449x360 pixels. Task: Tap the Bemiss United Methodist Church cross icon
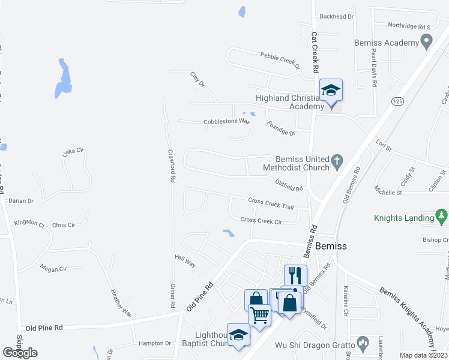[x=337, y=161]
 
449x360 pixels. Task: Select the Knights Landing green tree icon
[x=442, y=215]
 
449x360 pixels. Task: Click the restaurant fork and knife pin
[x=295, y=276]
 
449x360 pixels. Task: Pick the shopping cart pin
[x=259, y=314]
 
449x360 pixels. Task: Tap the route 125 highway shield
[x=396, y=101]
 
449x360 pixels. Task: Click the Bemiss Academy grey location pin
[x=427, y=43]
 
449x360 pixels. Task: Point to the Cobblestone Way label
[x=226, y=121]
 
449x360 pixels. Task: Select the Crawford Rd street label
[x=171, y=166]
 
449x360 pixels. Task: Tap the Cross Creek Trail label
[x=271, y=203]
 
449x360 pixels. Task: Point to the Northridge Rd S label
[x=410, y=27]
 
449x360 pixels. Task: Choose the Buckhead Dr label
[x=337, y=17]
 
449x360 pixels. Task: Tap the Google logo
[x=20, y=353]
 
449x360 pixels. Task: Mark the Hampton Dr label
[x=155, y=343]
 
